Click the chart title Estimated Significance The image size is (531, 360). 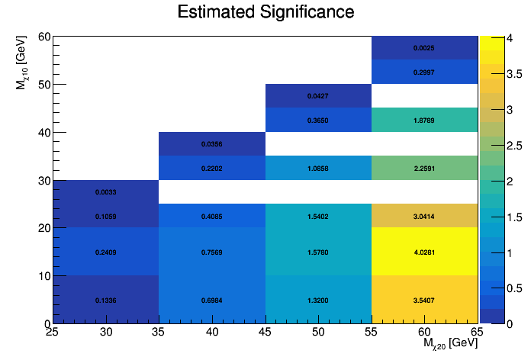(265, 12)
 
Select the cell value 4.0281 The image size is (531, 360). (424, 252)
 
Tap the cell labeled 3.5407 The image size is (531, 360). (424, 300)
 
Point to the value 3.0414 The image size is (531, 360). (424, 216)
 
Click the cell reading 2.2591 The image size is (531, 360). (424, 168)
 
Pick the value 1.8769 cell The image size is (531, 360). (424, 120)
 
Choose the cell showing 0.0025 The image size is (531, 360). (424, 48)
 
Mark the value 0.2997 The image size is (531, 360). (424, 72)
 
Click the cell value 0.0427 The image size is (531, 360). (318, 96)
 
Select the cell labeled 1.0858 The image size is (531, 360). (318, 168)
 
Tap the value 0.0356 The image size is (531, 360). (212, 144)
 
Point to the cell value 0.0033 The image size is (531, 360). (106, 192)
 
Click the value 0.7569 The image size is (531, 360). (212, 252)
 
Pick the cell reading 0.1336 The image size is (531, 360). (106, 300)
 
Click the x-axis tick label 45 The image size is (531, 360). (265, 333)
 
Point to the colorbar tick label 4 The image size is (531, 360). (497, 37)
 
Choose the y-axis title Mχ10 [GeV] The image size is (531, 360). (23, 61)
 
